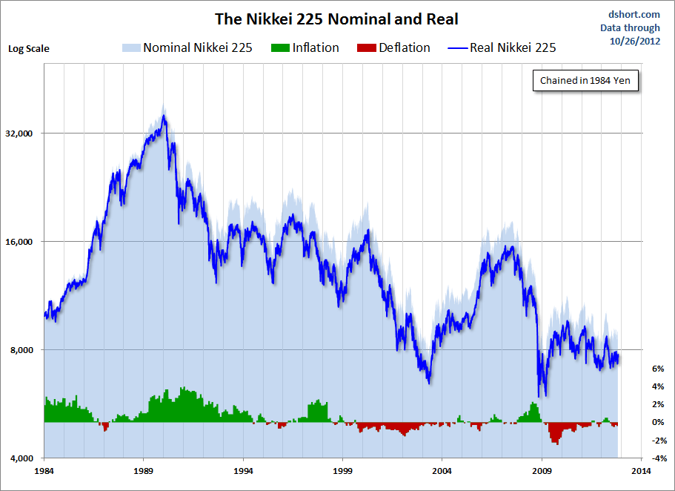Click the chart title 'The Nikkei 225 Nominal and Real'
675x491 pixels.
click(336, 19)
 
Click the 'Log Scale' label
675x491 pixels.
click(29, 49)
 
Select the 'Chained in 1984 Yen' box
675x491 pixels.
click(585, 81)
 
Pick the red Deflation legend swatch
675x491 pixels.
click(365, 48)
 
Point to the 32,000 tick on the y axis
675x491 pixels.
click(20, 134)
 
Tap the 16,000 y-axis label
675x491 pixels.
click(20, 242)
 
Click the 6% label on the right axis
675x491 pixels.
click(658, 369)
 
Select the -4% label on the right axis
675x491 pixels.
click(656, 458)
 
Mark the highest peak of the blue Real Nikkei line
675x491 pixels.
click(164, 116)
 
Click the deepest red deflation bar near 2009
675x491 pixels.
click(554, 442)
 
